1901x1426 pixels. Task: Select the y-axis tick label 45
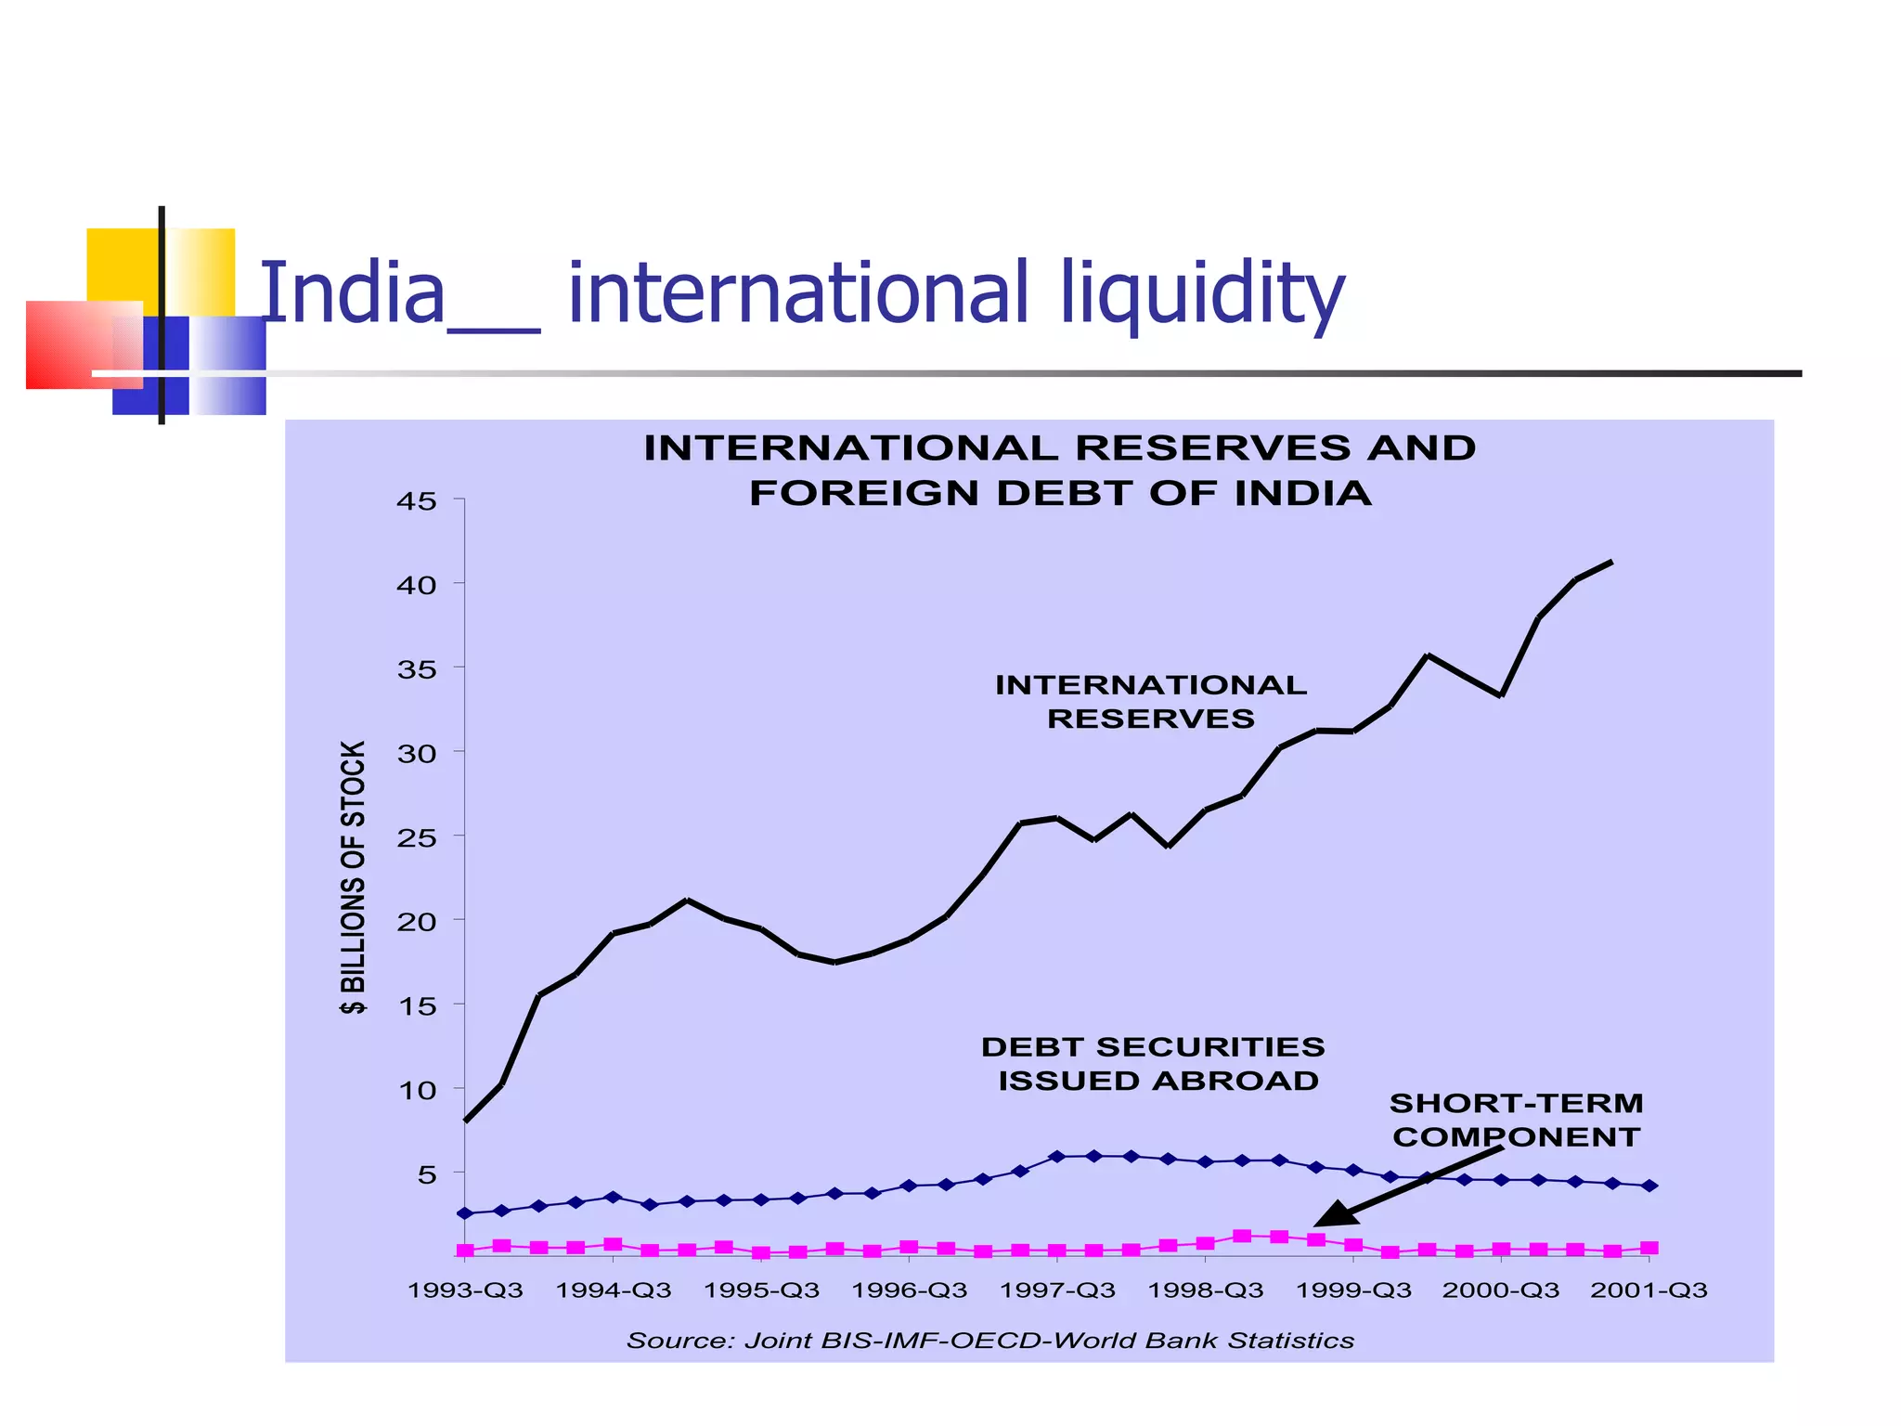417,502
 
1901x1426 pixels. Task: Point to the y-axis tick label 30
417,754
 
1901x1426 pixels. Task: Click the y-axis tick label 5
426,1175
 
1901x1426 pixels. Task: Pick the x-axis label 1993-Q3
465,1290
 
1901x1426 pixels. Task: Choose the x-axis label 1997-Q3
1057,1290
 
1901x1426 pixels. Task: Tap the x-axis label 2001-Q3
1649,1290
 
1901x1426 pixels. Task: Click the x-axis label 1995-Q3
761,1290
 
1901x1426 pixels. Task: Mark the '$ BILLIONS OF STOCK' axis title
354,877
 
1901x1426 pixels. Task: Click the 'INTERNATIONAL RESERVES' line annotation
1151,702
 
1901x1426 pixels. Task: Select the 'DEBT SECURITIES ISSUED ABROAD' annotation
1154,1064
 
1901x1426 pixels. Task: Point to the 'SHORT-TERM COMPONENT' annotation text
1517,1120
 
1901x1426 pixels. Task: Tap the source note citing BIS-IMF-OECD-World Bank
990,1341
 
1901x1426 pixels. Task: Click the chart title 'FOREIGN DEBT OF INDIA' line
1060,493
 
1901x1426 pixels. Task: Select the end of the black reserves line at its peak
1611,562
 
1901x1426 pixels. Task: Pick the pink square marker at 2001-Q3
1649,1248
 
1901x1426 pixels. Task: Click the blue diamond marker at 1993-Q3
465,1213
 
